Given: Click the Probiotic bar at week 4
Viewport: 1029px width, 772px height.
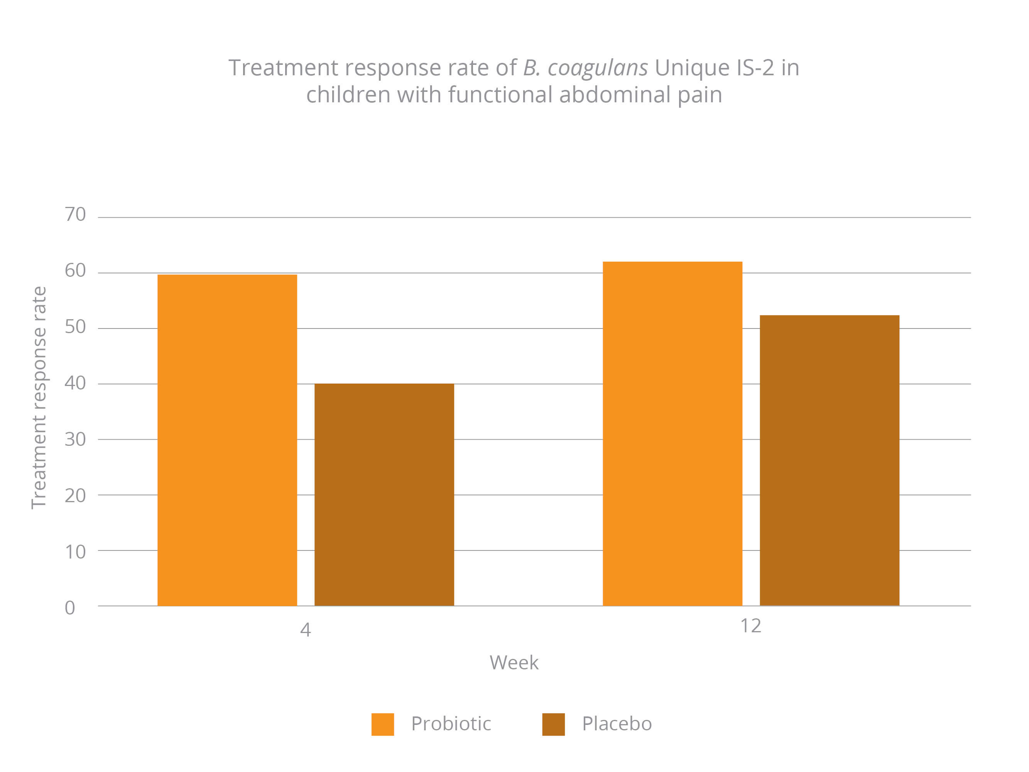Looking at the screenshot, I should [227, 440].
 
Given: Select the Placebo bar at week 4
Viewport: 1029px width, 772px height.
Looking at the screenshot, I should [384, 494].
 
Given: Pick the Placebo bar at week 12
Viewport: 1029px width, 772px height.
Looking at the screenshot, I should [829, 460].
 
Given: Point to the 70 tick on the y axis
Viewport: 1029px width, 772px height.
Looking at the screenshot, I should [75, 215].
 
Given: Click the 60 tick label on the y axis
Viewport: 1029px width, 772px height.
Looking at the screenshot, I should [75, 270].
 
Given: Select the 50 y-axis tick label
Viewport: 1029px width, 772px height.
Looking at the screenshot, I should [75, 327].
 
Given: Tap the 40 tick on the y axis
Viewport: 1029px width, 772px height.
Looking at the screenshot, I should [75, 383].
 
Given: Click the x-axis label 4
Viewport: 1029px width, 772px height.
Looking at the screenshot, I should [305, 630].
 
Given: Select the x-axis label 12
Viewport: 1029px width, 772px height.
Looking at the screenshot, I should [750, 626].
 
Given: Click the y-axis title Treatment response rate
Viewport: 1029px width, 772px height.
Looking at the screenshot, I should [39, 398].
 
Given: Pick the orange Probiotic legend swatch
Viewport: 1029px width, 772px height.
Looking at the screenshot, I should [382, 724].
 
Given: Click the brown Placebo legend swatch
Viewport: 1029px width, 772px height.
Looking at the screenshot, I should [553, 724].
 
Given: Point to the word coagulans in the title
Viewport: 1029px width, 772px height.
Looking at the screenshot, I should [597, 68].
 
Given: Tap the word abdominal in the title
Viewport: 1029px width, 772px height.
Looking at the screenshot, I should [615, 95].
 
